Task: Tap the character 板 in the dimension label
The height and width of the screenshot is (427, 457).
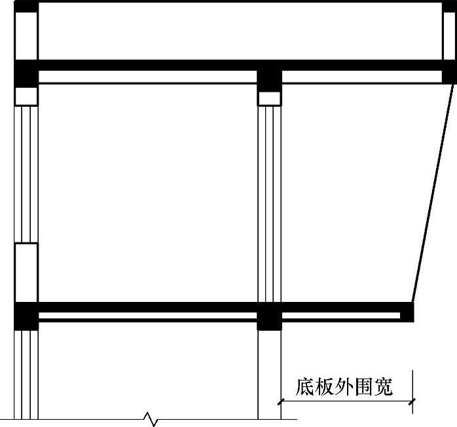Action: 327,387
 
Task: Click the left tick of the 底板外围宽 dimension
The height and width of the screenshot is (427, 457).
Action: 281,401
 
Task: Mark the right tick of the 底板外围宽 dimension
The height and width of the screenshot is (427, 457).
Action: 412,401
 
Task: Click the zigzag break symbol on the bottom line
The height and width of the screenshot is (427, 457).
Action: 151,418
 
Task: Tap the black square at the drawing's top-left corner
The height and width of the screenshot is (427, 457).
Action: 26,7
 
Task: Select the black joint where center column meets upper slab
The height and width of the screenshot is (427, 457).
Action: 269,76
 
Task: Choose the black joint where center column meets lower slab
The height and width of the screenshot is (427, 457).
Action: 269,316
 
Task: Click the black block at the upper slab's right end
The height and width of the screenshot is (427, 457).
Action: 449,71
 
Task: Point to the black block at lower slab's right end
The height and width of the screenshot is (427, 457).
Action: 407,312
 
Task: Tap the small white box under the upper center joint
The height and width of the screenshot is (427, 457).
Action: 269,99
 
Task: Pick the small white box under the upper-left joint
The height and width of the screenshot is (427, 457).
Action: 26,96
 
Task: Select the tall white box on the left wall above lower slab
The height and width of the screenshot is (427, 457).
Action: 26,272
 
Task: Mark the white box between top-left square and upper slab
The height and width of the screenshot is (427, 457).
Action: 26,37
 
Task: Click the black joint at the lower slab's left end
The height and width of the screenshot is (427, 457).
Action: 26,315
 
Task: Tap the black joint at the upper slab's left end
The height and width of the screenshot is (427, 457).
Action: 26,73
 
